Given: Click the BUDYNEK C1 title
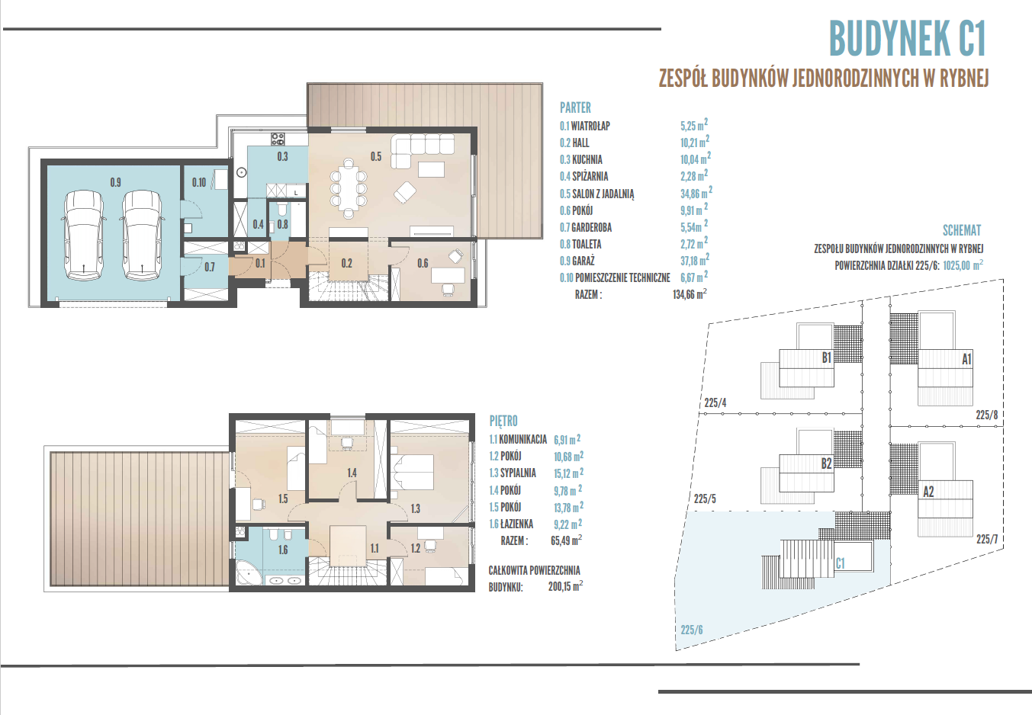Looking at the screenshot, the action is coord(907,38).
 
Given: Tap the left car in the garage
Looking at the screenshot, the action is coord(83,236).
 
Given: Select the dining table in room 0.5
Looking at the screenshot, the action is coord(349,188).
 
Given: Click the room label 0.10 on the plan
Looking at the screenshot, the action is coord(199,183).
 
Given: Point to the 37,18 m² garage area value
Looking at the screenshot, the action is coord(695,260).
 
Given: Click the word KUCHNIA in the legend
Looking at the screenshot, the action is coord(587,160).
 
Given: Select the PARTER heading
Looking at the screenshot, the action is coord(575,107).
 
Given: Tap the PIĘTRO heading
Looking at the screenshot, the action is coord(503,421).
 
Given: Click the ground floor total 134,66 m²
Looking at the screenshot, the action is coord(690,293).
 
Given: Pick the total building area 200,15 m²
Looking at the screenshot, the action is coord(565,586).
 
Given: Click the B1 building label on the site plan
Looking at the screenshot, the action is coord(827,357).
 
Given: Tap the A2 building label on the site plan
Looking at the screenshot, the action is coord(928,492).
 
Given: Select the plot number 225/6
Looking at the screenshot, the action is coord(692,630).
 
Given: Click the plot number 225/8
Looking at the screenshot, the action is coord(986,415).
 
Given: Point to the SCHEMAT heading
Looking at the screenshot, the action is coord(962,230).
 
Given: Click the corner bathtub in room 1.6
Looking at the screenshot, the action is coord(246,572).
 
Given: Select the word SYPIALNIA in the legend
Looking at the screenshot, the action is coord(518,473).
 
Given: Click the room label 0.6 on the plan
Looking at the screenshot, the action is coord(423,263).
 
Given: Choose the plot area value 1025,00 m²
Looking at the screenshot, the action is coord(963,265).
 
